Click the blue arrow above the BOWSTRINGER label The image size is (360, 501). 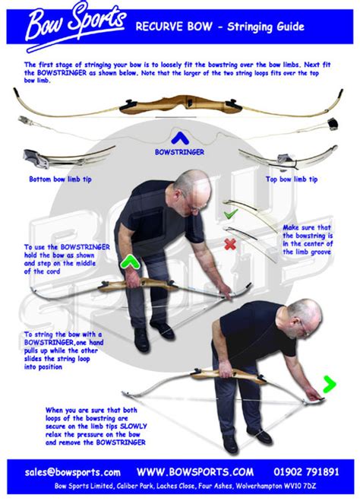[x=179, y=138]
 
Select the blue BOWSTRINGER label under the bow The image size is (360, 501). [x=179, y=151]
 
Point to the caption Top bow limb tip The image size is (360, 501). [x=291, y=179]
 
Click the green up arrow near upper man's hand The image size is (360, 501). [x=129, y=263]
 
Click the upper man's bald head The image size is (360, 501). [x=190, y=185]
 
